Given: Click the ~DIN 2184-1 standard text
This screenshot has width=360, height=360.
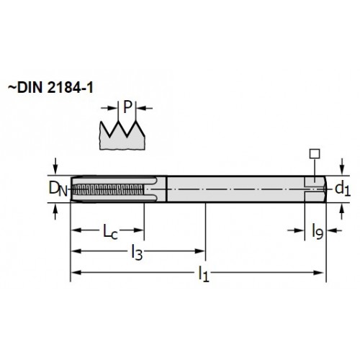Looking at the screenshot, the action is click(x=50, y=88).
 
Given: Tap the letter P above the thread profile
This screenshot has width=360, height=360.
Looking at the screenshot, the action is click(x=127, y=107).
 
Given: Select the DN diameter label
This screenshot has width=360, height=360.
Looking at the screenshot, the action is click(x=58, y=189).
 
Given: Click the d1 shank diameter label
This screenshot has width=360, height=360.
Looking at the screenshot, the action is click(x=343, y=189).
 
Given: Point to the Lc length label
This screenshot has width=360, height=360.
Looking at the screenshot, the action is click(x=110, y=231).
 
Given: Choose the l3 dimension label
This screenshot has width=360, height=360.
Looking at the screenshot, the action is click(x=137, y=253).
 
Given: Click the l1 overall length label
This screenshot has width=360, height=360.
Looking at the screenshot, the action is click(x=204, y=274).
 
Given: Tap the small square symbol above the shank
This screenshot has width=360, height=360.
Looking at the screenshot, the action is click(x=315, y=153).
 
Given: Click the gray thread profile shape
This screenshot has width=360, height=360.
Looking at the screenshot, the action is click(x=122, y=136).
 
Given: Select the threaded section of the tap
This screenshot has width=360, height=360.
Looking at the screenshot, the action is click(x=109, y=189).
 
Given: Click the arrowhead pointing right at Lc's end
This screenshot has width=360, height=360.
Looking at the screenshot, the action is click(x=138, y=230).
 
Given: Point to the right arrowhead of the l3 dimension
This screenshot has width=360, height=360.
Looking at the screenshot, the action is click(x=199, y=251).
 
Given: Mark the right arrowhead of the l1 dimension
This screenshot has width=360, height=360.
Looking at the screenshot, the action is click(x=319, y=273).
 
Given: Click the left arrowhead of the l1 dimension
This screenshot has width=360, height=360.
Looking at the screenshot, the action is click(x=76, y=273).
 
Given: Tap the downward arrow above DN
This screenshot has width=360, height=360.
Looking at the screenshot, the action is click(x=55, y=166).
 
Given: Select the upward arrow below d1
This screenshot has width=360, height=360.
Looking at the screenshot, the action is click(x=342, y=211).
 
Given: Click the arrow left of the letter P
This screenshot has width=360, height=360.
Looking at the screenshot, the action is click(x=109, y=108).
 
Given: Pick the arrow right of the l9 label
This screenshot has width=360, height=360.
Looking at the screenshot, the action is click(x=334, y=230).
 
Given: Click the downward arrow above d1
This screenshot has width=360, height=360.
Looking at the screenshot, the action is click(x=342, y=166).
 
